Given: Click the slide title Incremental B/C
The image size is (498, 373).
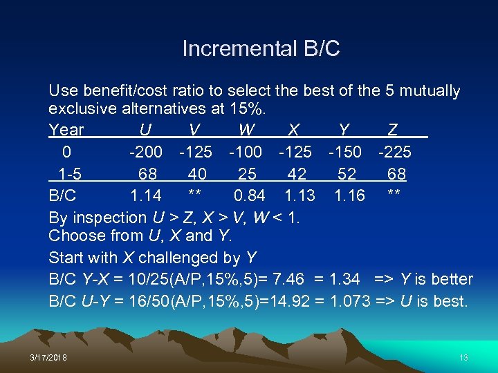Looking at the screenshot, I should pos(261,49).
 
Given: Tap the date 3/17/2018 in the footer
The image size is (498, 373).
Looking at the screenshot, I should pos(49,357).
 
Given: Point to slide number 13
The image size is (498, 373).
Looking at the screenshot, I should pos(463,357).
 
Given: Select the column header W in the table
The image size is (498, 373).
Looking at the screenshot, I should pos(246,130).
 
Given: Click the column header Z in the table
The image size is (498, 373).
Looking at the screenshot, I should pos(392,130).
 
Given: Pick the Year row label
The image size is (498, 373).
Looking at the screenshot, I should pos(66,130).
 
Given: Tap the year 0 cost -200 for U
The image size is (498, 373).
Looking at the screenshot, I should pos(146,151).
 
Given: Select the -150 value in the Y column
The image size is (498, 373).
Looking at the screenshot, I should pos(344,151).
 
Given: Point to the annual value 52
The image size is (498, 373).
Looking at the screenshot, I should pos(347,173).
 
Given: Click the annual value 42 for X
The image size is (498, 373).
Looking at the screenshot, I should pos(296,173).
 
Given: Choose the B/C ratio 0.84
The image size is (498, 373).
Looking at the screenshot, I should pos(250,195).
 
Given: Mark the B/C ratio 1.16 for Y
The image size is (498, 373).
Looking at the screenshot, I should pos(350,195).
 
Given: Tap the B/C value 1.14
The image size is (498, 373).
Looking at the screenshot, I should pos(146,195).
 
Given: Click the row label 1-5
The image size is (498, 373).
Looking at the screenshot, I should pos(67,173).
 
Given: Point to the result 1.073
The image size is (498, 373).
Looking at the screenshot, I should pos(350,302).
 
